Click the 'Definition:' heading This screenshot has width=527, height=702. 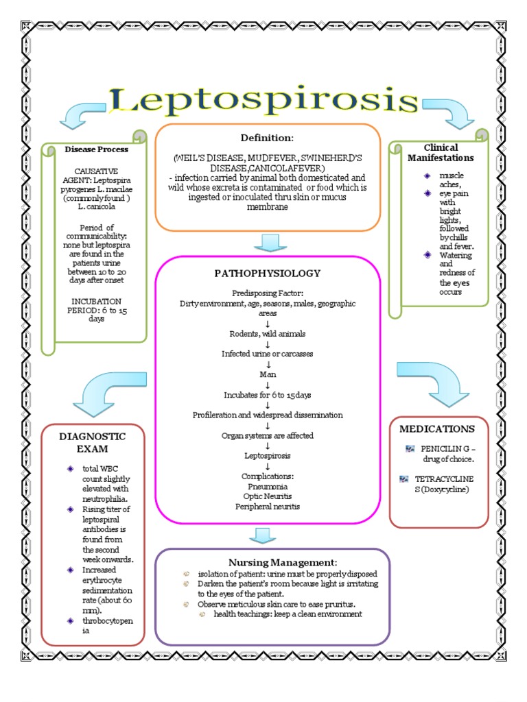[267, 138]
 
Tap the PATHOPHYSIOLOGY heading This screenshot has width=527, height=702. [267, 273]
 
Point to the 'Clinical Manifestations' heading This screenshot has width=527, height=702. [440, 152]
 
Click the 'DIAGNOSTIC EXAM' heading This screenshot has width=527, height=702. [92, 442]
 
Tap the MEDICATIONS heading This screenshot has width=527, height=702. [437, 429]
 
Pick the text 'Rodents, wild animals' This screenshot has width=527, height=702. [268, 333]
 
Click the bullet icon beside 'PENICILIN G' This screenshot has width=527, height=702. [410, 448]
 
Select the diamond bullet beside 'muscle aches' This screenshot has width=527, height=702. [427, 176]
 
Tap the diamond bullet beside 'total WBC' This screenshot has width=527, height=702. [69, 468]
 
